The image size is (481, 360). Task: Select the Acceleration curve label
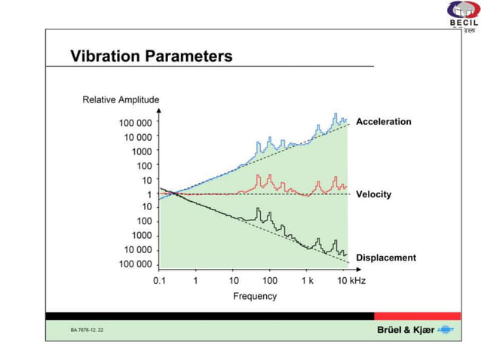pos(383,121)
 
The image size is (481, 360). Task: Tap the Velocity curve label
pos(373,194)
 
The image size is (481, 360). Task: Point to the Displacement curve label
pos(385,258)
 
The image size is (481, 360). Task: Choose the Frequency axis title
pos(254,296)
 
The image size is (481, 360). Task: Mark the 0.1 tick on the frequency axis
pos(159,280)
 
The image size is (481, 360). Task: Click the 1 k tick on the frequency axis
pos(307,280)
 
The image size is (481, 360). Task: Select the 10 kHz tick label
pos(350,280)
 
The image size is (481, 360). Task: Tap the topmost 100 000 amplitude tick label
pos(135,123)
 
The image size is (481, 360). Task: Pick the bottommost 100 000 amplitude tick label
pos(135,264)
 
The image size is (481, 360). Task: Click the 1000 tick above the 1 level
pos(142,151)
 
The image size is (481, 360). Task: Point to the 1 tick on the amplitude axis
pos(149,194)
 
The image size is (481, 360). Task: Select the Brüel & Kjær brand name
pos(404,331)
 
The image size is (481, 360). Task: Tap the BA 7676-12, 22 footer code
pos(87,331)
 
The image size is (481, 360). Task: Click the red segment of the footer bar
pos(417,316)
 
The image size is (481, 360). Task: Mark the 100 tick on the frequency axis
pos(270,280)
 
